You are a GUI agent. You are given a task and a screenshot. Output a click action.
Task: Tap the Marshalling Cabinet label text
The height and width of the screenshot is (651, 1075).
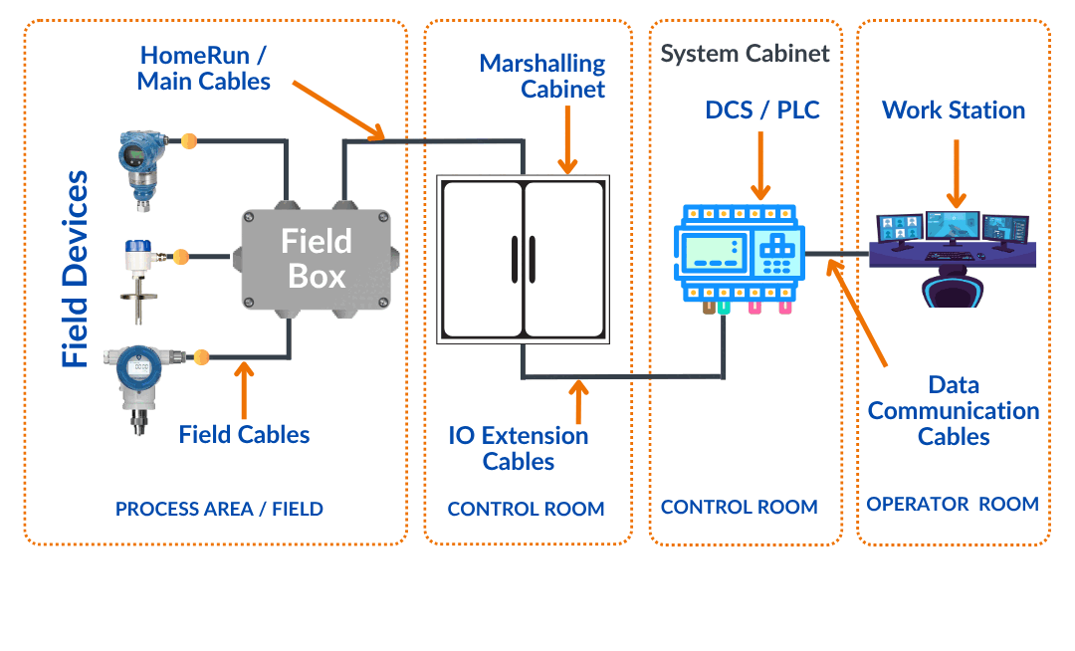click(542, 76)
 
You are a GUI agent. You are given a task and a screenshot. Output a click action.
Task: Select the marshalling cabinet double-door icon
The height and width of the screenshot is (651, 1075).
click(524, 261)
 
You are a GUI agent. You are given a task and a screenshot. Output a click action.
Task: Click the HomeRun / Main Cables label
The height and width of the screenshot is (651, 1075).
click(204, 68)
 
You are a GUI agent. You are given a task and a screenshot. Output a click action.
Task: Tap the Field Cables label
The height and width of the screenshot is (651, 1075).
click(244, 434)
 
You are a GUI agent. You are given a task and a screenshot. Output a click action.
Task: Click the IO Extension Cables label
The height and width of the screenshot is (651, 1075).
click(519, 448)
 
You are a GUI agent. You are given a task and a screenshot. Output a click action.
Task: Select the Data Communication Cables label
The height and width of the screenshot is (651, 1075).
click(954, 410)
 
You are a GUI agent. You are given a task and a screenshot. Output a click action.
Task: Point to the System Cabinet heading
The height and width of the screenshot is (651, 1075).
click(745, 54)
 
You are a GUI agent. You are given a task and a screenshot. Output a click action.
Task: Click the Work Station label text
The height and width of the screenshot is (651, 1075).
click(954, 109)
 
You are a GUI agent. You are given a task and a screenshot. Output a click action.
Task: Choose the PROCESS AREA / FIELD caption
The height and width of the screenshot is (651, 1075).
click(219, 509)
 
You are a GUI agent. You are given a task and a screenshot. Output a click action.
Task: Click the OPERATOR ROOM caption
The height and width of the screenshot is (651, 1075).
click(953, 505)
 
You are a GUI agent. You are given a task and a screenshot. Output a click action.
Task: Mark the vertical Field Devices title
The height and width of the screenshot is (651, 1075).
click(75, 269)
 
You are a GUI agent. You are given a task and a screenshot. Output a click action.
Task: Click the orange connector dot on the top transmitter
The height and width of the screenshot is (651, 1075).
click(188, 141)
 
